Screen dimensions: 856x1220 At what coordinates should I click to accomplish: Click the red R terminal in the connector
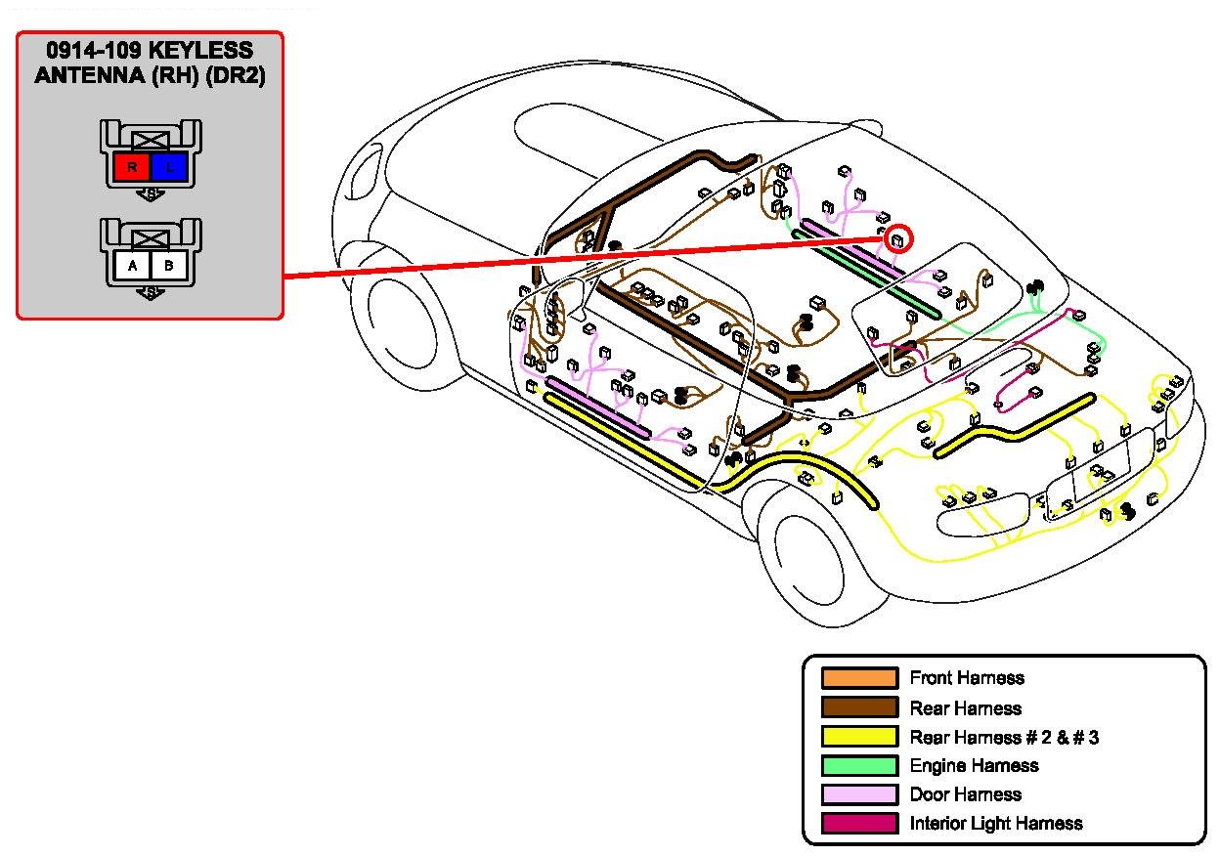(x=131, y=168)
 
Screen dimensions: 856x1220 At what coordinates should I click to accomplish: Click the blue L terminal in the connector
(x=169, y=168)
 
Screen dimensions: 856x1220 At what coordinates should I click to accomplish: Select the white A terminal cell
(x=131, y=264)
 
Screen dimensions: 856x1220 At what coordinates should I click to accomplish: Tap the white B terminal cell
(x=168, y=264)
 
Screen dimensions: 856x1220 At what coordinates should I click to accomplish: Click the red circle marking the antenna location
(x=897, y=237)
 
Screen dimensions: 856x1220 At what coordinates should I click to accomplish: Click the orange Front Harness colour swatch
(x=859, y=678)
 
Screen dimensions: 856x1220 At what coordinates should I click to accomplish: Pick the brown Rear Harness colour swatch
(x=859, y=707)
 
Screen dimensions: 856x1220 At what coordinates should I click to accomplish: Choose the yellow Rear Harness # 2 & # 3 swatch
(x=859, y=737)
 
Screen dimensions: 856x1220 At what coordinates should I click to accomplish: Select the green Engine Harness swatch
(x=859, y=766)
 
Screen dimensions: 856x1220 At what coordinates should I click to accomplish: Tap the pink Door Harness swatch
(x=859, y=794)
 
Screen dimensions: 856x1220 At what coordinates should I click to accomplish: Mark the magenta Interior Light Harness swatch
(x=859, y=824)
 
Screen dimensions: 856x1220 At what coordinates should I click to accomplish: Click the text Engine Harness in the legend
(x=974, y=766)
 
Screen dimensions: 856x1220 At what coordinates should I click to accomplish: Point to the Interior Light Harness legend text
(x=996, y=824)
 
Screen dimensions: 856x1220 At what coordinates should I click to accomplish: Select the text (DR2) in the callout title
(x=236, y=76)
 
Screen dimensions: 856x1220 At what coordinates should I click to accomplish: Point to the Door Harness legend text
(x=965, y=794)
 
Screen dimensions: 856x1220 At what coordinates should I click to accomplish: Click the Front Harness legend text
(x=967, y=678)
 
